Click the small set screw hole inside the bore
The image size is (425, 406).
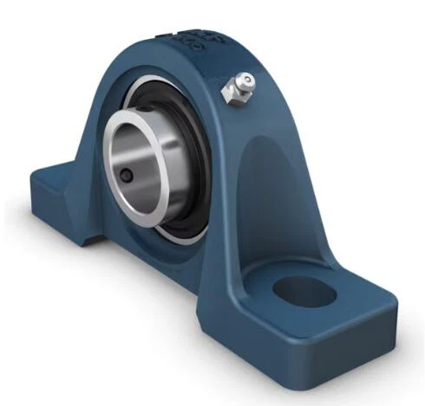coord(127,175)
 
